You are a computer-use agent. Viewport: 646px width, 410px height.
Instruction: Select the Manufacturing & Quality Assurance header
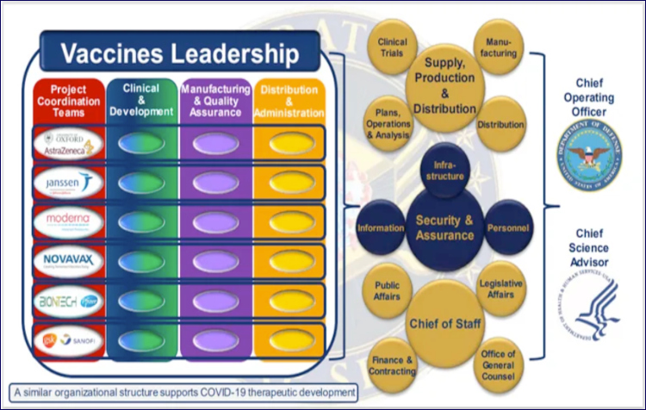[x=216, y=100]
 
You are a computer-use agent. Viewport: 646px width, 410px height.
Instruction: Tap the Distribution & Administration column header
[x=290, y=100]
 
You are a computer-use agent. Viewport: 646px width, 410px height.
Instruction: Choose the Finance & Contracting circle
[x=393, y=363]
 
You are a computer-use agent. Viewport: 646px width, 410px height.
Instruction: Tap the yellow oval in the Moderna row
[x=289, y=221]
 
